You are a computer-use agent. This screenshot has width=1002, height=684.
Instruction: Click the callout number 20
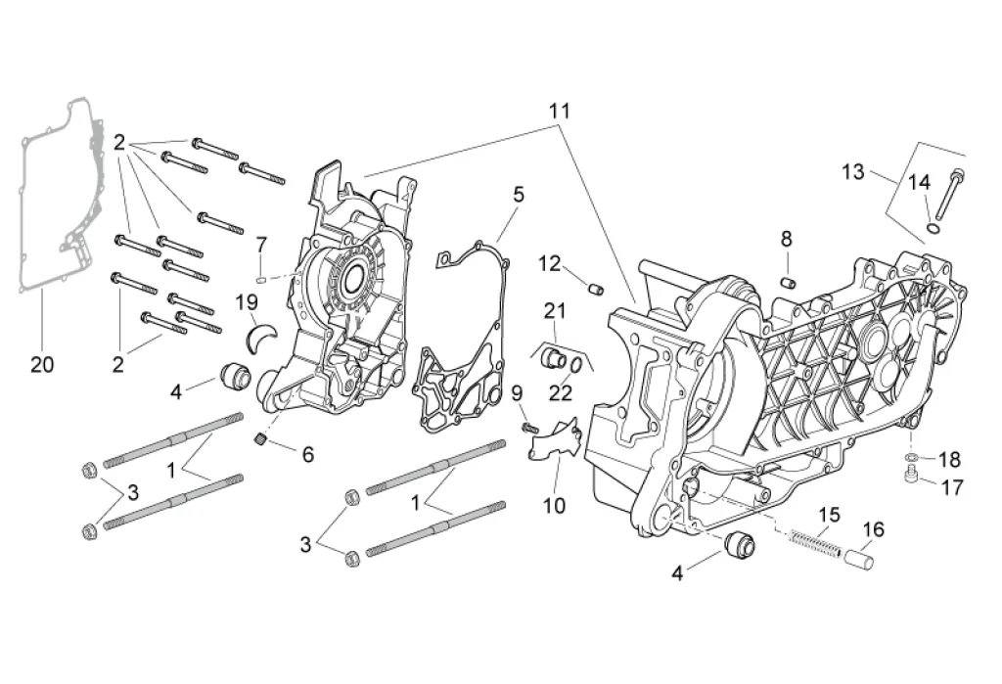coord(41,365)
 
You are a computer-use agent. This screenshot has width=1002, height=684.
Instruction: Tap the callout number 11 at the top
coord(559,112)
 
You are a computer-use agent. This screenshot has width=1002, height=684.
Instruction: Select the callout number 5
coord(518,195)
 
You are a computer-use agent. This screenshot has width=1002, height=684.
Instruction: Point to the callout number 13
coord(853,172)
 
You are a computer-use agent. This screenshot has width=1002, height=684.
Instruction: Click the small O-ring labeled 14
coord(934,230)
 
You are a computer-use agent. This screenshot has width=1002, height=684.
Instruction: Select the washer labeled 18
coord(912,458)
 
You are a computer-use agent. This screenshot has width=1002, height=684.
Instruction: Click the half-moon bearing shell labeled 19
coord(262,334)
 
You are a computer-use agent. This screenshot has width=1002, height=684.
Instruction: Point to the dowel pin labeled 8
coord(784,282)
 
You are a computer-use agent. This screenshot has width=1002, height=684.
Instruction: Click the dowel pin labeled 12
coord(594,287)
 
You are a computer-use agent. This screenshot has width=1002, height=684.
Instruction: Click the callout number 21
coord(555,311)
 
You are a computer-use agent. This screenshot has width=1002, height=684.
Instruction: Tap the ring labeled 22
coord(578,364)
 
